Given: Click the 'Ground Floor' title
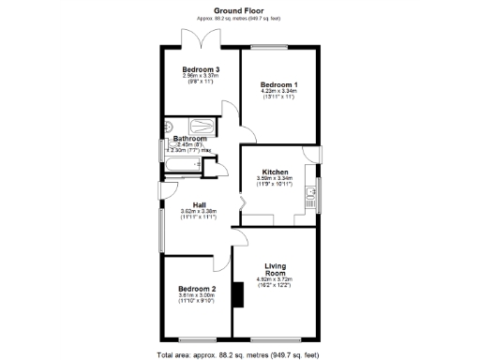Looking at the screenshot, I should [x=239, y=10].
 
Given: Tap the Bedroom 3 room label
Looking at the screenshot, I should [x=200, y=69].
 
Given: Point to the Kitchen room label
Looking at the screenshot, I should [x=275, y=172].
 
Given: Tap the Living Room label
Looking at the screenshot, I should [x=275, y=269].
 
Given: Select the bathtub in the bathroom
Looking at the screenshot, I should [x=184, y=166].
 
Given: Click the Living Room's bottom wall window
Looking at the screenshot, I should [x=275, y=338].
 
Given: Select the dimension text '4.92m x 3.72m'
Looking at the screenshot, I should [x=275, y=279].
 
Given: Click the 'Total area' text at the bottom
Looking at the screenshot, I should [x=239, y=354].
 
